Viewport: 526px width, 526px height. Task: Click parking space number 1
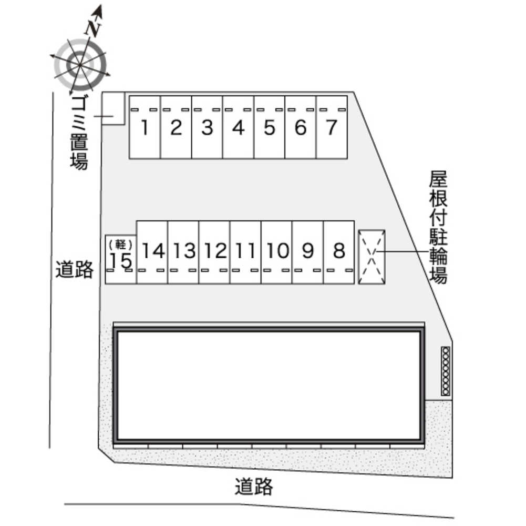pos(145,127)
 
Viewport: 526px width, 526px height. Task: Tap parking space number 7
pos(332,127)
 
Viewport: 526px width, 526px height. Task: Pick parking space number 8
pos(339,252)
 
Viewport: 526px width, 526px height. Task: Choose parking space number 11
pos(245,252)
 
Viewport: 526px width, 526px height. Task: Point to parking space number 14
pos(152,252)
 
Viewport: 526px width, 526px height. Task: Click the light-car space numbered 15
pos(121,259)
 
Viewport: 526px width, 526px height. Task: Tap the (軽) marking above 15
pos(121,244)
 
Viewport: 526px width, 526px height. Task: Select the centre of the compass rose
pos(80,64)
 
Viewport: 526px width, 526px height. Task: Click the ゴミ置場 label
pos(79,133)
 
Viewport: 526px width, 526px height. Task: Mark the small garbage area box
pos(113,108)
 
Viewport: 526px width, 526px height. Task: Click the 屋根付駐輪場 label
pos(438,228)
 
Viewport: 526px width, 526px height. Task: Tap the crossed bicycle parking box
pos(372,257)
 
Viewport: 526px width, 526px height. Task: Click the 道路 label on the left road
pos(75,269)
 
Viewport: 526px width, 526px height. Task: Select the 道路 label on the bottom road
pos(254,487)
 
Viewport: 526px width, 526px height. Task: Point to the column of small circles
pos(446,371)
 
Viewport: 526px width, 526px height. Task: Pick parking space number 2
pos(176,127)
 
